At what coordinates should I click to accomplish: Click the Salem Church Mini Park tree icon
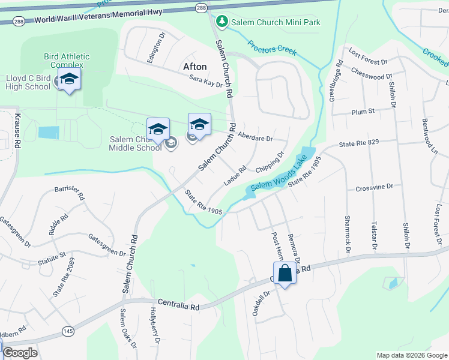click(x=222, y=22)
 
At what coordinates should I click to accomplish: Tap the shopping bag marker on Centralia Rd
click(x=286, y=274)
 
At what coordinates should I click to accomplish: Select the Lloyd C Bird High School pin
click(x=69, y=79)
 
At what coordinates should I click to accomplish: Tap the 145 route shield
click(x=67, y=331)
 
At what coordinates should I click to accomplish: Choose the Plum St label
click(x=363, y=111)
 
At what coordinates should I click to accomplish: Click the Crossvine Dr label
click(x=374, y=187)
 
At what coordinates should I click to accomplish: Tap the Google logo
click(x=20, y=353)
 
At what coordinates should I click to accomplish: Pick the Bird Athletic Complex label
click(x=67, y=61)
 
